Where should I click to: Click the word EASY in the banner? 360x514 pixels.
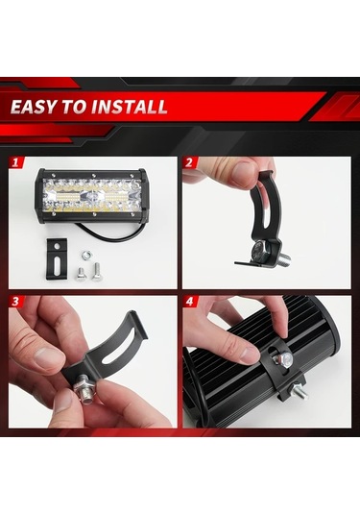(x=37, y=106)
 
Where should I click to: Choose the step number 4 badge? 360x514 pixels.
(x=190, y=302)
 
